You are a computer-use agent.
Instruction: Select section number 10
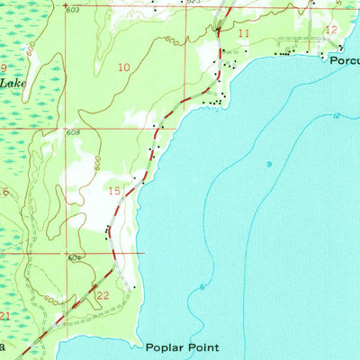[123, 67]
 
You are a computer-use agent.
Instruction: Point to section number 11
[244, 33]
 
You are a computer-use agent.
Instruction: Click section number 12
[331, 30]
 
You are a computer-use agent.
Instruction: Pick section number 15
[114, 190]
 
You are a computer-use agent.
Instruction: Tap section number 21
[4, 315]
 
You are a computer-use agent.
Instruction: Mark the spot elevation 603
[72, 9]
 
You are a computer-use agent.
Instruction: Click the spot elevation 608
[72, 132]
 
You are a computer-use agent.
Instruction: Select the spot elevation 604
[74, 257]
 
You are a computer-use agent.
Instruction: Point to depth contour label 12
[336, 115]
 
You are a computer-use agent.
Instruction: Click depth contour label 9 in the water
[269, 163]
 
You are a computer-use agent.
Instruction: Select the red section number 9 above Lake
[4, 67]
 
